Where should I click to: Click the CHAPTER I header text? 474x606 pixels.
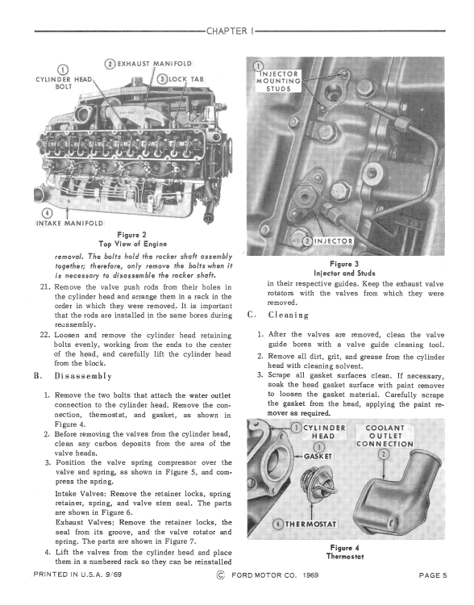(231, 31)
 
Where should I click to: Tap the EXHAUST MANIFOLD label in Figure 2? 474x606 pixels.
(155, 64)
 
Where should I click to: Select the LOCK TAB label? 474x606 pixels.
(186, 79)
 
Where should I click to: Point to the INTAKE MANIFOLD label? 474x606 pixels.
(69, 224)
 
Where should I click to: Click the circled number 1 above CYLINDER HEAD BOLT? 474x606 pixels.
(63, 70)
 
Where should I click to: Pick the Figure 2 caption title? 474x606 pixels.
(132, 235)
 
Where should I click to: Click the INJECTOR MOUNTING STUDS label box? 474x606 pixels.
(278, 81)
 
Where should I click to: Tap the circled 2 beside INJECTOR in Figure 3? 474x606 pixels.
(307, 241)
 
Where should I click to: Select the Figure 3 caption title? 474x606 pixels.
(345, 264)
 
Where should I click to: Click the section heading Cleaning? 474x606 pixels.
(289, 315)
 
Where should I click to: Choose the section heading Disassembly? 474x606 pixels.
(83, 376)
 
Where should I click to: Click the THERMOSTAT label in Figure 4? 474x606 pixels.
(310, 524)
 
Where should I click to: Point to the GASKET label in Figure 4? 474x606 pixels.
(318, 457)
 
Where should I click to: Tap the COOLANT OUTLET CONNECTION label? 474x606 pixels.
(385, 436)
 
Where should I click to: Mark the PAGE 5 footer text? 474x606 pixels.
(433, 575)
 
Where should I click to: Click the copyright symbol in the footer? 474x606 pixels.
(221, 575)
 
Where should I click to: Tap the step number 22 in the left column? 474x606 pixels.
(45, 335)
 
